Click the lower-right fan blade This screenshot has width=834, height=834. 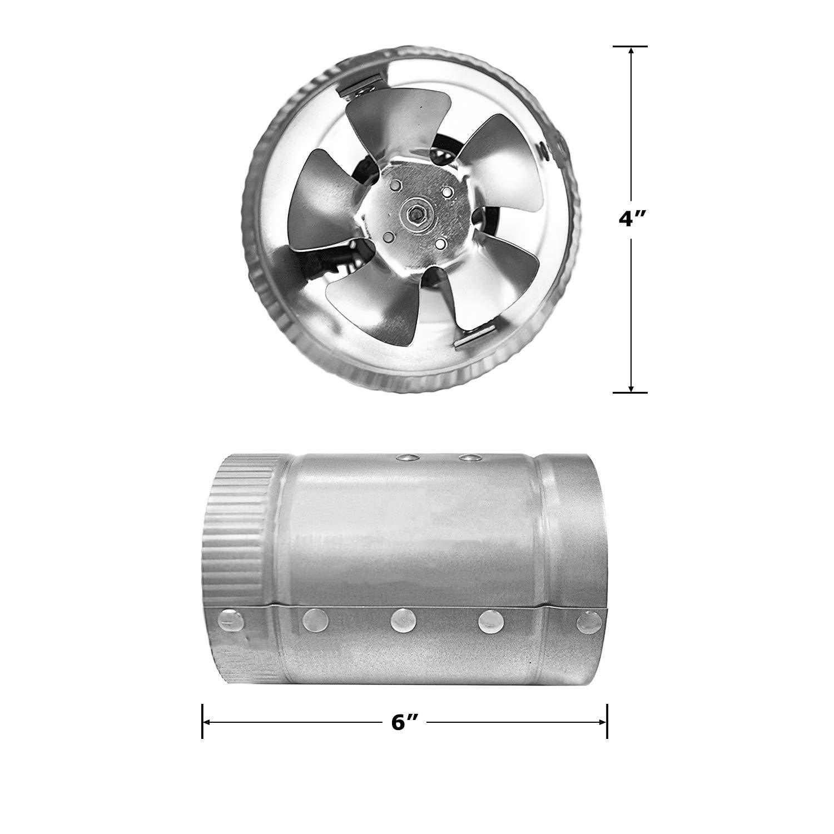(x=489, y=278)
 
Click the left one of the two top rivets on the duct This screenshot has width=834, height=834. (x=409, y=458)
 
